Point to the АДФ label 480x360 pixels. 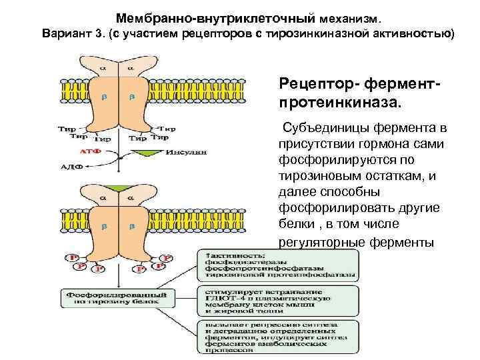point(71,167)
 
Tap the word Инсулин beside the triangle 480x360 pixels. point(188,152)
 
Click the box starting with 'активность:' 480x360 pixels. point(278,265)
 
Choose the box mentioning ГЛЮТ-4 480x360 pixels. point(278,300)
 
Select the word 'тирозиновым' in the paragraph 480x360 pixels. point(317,176)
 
